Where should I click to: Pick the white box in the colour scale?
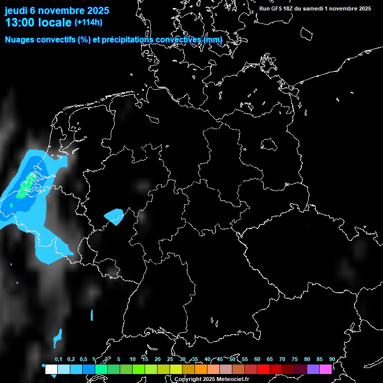coord(51,369)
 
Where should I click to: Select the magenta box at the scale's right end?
coord(326,369)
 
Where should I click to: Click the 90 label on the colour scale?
coord(332,360)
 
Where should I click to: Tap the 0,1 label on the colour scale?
coord(58,360)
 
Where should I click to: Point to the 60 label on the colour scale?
coord(257,360)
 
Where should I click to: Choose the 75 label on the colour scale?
coord(294,360)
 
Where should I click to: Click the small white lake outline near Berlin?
coord(269,144)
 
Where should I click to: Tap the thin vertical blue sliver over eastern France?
coord(92,315)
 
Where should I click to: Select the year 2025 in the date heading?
coord(93,10)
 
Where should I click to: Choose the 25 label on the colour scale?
coord(170,360)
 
